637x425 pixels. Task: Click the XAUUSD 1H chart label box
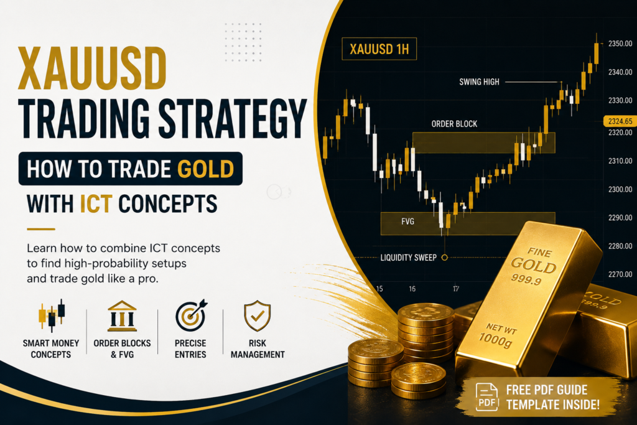pyautogui.click(x=379, y=49)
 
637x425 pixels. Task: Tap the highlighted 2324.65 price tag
pyautogui.click(x=620, y=121)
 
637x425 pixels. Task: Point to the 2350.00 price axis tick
pyautogui.click(x=620, y=44)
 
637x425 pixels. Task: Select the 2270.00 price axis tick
pyautogui.click(x=620, y=274)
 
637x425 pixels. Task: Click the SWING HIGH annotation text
pyautogui.click(x=479, y=82)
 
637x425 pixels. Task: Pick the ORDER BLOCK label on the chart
pyautogui.click(x=454, y=124)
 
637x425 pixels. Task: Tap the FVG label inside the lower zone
pyautogui.click(x=407, y=222)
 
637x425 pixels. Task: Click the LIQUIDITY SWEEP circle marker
pyautogui.click(x=444, y=257)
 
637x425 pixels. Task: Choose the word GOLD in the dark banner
pyautogui.click(x=205, y=169)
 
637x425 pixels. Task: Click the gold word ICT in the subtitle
pyautogui.click(x=96, y=203)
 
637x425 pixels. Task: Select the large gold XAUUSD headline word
pyautogui.click(x=92, y=68)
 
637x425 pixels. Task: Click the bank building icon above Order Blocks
pyautogui.click(x=122, y=316)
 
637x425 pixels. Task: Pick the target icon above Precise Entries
pyautogui.click(x=191, y=315)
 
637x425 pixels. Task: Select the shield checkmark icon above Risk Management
pyautogui.click(x=257, y=315)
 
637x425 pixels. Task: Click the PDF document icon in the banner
pyautogui.click(x=486, y=397)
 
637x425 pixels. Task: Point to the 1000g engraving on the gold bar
pyautogui.click(x=495, y=340)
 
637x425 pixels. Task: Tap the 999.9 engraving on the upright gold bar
pyautogui.click(x=526, y=279)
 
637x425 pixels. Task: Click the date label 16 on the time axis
pyautogui.click(x=412, y=289)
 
